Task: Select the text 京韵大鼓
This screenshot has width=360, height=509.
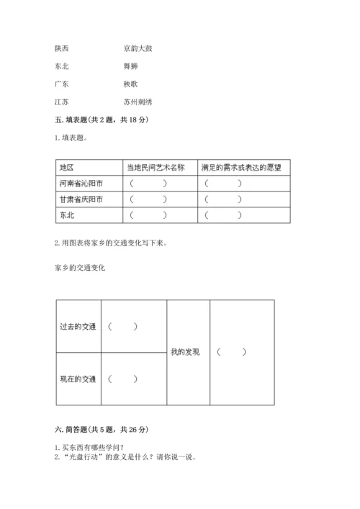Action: [138, 49]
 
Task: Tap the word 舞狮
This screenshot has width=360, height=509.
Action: [130, 67]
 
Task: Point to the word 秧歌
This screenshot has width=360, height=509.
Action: [130, 84]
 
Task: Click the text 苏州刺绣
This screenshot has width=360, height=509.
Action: [138, 102]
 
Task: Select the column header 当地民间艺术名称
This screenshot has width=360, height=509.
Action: [156, 167]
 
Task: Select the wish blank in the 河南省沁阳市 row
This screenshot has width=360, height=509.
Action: [223, 184]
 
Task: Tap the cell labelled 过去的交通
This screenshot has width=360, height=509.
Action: [78, 326]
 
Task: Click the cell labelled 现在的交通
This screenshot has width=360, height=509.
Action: [78, 379]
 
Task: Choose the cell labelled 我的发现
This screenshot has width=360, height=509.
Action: [185, 352]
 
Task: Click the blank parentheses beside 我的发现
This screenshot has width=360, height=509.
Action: [231, 352]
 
